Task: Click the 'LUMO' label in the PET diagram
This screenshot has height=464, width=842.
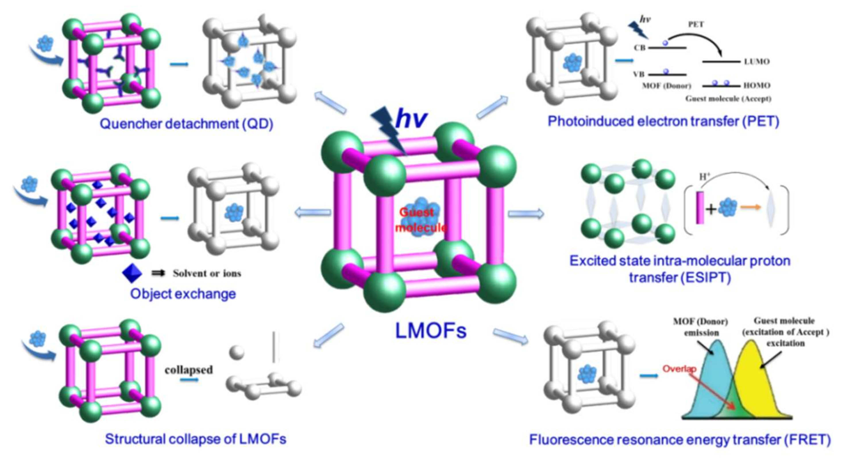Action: pos(756,62)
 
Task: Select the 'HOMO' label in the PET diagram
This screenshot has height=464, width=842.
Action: pos(757,85)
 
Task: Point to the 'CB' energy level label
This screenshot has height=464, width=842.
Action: pos(640,48)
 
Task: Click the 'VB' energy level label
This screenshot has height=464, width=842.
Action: pos(639,74)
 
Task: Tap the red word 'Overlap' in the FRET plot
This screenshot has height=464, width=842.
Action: pos(679,369)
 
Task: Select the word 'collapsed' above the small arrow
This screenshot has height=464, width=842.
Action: pos(189,370)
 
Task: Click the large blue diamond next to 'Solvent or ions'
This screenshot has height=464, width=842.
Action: pos(132,273)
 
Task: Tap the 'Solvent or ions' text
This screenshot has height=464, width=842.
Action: pos(206,273)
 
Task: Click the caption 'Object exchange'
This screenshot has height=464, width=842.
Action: pos(183,294)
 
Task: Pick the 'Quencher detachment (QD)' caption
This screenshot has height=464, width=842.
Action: pos(186,124)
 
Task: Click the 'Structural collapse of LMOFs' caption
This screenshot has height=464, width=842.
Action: pos(196,439)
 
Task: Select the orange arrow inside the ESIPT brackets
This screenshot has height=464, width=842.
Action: pos(751,207)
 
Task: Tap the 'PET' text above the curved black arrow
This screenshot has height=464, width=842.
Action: pos(696,24)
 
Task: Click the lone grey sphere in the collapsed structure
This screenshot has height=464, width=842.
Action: pos(237,352)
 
